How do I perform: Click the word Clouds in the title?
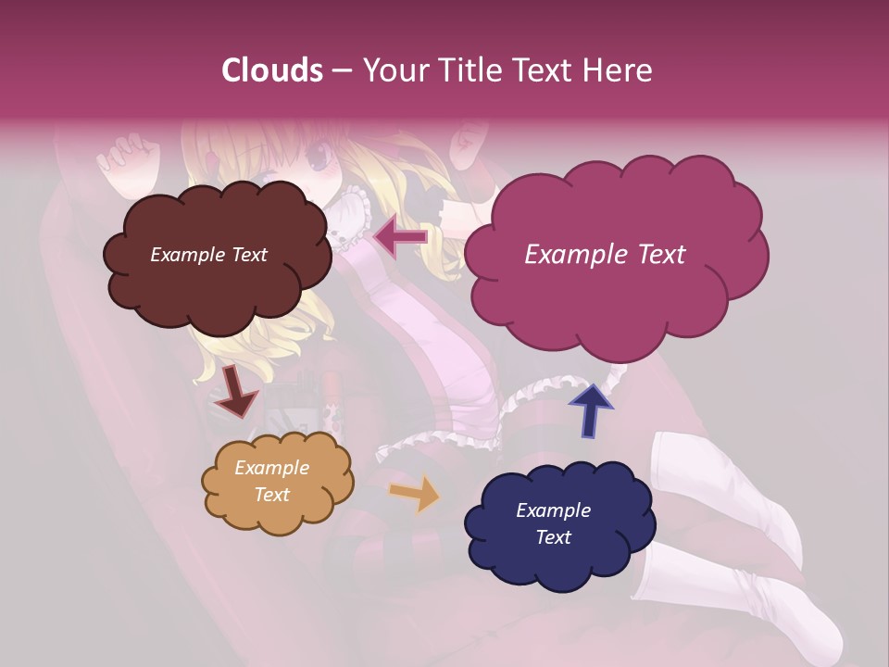click(272, 70)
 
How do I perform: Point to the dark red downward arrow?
click(235, 392)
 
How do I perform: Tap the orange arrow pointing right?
click(415, 494)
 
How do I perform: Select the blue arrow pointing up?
click(590, 409)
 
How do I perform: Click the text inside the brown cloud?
click(208, 255)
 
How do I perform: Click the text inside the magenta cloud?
click(605, 255)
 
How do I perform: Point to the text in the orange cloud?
click(271, 481)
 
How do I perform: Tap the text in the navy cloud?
click(553, 523)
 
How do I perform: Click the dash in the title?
click(341, 70)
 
